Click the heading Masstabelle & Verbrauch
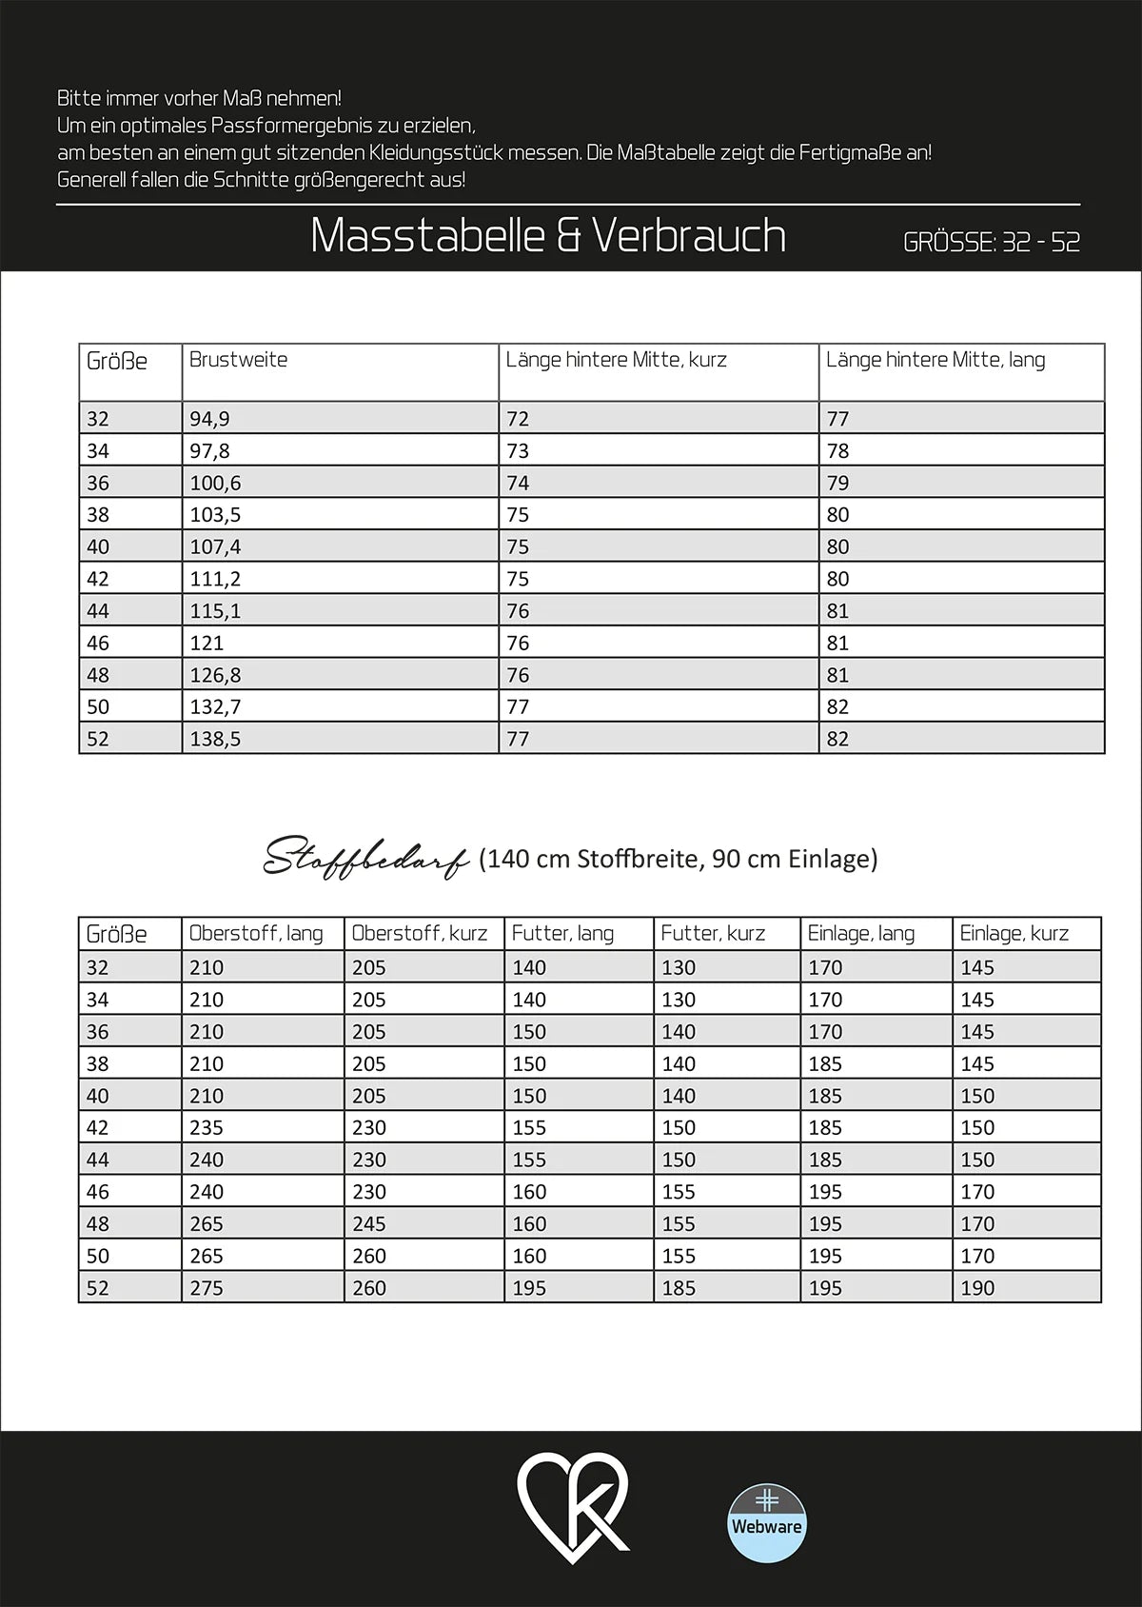point(548,236)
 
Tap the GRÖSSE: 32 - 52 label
point(991,242)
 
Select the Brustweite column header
point(238,360)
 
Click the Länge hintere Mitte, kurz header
point(616,360)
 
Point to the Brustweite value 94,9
point(209,419)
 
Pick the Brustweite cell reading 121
point(207,644)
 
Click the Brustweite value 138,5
point(215,739)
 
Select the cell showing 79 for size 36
point(837,483)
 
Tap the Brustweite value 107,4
point(215,546)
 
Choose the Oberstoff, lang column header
point(256,934)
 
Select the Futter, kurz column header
point(713,934)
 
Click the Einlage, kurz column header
point(1014,934)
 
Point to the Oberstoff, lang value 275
point(207,1288)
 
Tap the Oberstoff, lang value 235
point(207,1128)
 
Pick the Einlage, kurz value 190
point(977,1288)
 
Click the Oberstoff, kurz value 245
point(369,1224)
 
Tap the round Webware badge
point(766,1523)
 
